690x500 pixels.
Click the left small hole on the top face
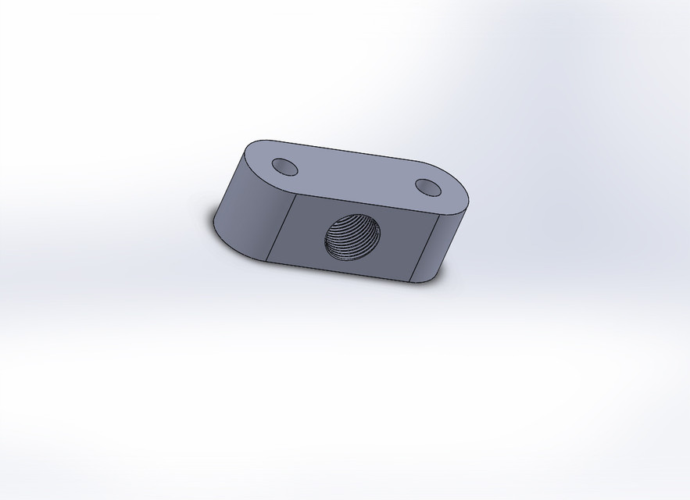point(284,166)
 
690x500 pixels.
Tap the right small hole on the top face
point(427,187)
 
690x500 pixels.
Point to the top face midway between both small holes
point(356,177)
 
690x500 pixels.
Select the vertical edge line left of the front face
point(280,227)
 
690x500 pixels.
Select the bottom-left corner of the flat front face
point(266,260)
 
